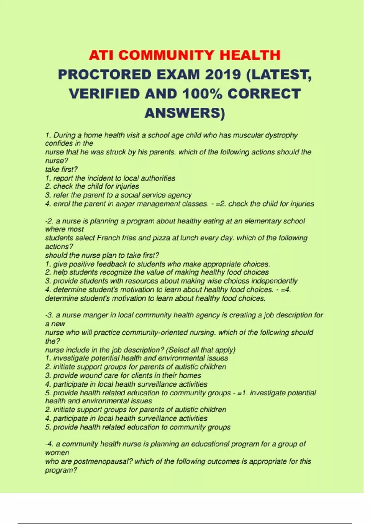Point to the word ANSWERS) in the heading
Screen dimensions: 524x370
click(185, 113)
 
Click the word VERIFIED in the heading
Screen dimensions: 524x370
click(105, 94)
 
